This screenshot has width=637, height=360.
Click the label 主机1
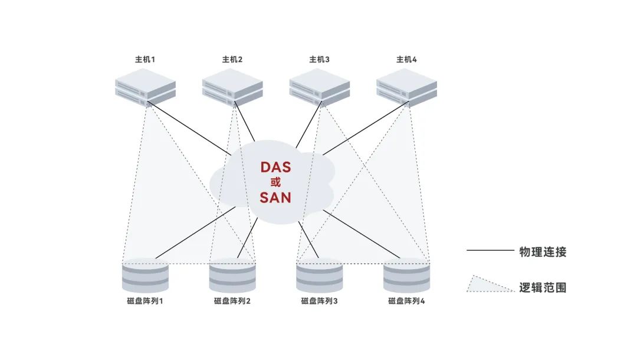click(x=145, y=60)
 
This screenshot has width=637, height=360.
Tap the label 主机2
click(x=232, y=60)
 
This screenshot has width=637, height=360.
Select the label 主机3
click(x=320, y=60)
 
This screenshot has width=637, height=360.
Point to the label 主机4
click(x=407, y=60)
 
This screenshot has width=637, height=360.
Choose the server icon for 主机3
click(x=320, y=87)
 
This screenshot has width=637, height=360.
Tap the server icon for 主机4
click(x=407, y=87)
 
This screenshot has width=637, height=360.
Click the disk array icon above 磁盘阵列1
click(x=145, y=276)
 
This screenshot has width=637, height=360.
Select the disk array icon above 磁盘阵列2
click(x=232, y=276)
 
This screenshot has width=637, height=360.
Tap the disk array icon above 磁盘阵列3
click(x=320, y=276)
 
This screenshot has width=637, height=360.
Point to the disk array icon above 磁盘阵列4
click(x=407, y=276)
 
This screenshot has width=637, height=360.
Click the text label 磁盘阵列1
click(x=145, y=301)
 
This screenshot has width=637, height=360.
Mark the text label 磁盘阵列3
click(x=320, y=301)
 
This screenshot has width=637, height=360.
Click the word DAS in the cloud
click(x=275, y=167)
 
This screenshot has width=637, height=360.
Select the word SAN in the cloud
click(x=275, y=197)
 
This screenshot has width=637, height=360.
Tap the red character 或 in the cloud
click(x=275, y=182)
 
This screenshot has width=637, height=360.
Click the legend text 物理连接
click(x=543, y=252)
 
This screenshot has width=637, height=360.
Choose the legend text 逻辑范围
click(x=543, y=287)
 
